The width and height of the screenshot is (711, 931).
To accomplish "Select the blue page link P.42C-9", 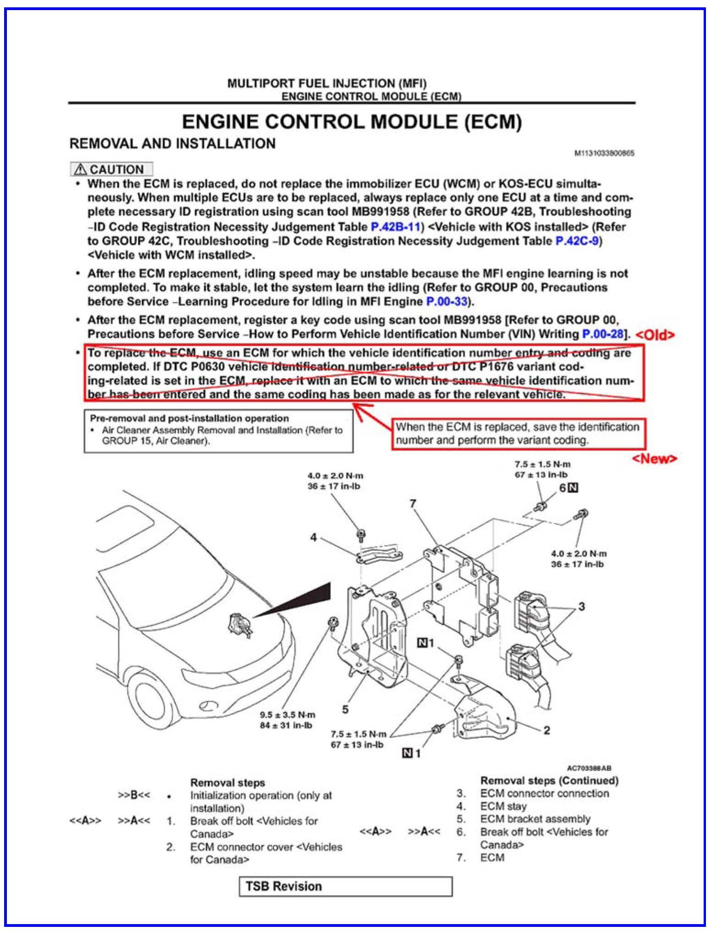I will pyautogui.click(x=577, y=241).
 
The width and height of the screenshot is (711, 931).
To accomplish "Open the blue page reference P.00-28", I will pyautogui.click(x=603, y=334).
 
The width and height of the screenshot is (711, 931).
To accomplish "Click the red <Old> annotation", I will pyautogui.click(x=655, y=335).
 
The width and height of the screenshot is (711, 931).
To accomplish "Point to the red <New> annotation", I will pyautogui.click(x=654, y=458).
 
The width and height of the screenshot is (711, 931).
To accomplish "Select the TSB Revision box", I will pyautogui.click(x=345, y=886).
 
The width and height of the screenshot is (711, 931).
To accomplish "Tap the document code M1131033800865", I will pyautogui.click(x=605, y=153).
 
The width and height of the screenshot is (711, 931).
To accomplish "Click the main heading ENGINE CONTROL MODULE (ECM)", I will pyautogui.click(x=352, y=122).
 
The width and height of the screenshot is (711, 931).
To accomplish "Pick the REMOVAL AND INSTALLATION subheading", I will pyautogui.click(x=172, y=144).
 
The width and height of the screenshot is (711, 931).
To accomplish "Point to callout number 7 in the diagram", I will pyautogui.click(x=413, y=504).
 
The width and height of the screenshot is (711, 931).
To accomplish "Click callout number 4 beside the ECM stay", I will pyautogui.click(x=314, y=537).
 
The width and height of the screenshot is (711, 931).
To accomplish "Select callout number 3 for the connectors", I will pyautogui.click(x=582, y=607).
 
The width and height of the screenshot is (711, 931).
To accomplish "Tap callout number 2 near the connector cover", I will pyautogui.click(x=546, y=730).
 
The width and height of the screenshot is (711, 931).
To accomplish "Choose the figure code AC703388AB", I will pyautogui.click(x=589, y=768).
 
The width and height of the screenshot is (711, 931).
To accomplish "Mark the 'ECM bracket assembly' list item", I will pyautogui.click(x=535, y=819).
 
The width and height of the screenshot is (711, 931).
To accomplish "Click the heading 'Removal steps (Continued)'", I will pyautogui.click(x=549, y=780).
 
